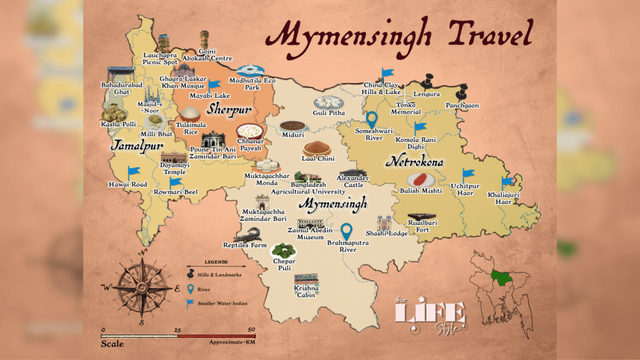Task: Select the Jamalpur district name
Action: [137, 146]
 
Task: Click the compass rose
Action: [140, 286]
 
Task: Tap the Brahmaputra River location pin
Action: [346, 233]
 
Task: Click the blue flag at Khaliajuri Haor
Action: [507, 181]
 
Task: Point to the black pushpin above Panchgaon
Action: [461, 93]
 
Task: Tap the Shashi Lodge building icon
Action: [385, 223]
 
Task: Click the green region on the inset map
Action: [497, 278]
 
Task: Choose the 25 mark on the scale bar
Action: [177, 329]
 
